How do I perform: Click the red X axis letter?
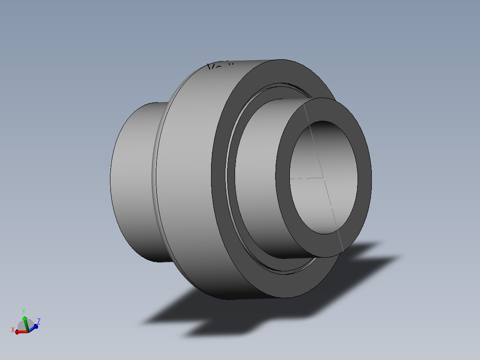13,330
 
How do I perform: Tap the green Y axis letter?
23,311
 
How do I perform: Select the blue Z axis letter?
39,321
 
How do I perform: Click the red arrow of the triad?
20,332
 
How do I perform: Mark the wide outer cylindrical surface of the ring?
187,178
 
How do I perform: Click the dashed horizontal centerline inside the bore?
303,178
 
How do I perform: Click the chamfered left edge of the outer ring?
155,178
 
